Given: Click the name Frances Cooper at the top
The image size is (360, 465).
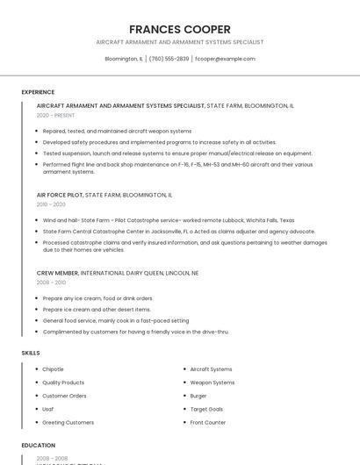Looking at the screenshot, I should pos(180,29).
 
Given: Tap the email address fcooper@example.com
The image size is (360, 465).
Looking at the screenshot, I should pos(225,59).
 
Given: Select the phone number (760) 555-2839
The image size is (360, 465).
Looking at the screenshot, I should pos(169,59).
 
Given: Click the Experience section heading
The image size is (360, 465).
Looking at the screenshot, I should pos(38,92).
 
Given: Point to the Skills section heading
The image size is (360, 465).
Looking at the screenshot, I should pos(31,353).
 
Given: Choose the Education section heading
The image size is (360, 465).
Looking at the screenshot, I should pos(39,446).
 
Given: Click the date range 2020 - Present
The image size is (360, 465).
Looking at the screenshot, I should pos(55,115).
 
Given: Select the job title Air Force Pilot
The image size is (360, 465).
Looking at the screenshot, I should pos(60,195).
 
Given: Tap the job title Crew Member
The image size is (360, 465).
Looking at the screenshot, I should pos(57,273).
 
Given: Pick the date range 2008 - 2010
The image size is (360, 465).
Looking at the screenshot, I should pos(51,283).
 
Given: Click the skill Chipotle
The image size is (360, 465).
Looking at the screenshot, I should pos(53,369).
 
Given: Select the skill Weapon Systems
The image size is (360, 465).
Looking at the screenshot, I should pos(212,383).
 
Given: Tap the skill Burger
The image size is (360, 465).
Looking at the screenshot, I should pos(198,396).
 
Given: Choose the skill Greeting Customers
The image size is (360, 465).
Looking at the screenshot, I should pos(68,422).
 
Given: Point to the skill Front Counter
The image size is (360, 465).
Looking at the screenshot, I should pos(208,422).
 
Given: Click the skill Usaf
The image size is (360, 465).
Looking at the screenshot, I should pos(48,409).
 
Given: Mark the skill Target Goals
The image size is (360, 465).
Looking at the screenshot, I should pos(206,409).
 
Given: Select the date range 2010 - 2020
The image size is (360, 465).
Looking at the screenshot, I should pos(51,204).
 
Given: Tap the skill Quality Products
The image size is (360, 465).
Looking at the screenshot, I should pos(63,383).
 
